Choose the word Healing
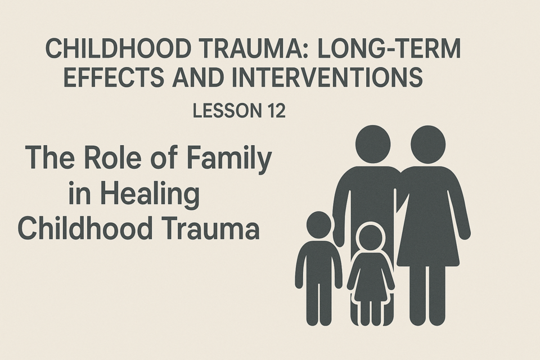point(150,195)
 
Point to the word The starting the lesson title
point(49,157)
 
